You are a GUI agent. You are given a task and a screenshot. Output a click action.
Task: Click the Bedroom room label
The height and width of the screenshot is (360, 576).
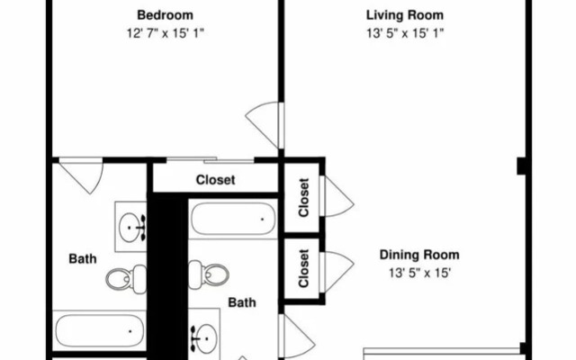(x=165, y=15)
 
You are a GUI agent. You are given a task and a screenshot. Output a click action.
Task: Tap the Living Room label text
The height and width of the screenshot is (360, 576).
(x=405, y=15)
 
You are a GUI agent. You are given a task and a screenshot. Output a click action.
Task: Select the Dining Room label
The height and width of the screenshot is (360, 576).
(x=419, y=255)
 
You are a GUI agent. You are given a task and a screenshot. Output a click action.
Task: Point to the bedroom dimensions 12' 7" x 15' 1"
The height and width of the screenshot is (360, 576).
(x=165, y=33)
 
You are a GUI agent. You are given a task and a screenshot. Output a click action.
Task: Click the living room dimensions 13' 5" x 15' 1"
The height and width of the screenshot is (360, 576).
(x=405, y=33)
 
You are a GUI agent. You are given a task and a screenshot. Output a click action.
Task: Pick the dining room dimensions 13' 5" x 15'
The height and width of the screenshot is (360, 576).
(x=419, y=273)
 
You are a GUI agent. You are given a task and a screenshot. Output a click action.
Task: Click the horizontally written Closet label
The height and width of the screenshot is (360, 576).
(x=215, y=180)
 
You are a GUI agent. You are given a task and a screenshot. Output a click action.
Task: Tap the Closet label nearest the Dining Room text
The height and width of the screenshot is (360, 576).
(x=304, y=268)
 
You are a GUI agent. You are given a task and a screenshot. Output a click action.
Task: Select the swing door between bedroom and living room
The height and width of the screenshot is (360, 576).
(x=265, y=125)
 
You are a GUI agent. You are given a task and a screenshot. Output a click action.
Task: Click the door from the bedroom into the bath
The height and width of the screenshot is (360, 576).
(x=82, y=175)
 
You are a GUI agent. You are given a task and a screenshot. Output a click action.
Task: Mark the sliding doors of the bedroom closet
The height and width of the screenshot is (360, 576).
(x=210, y=160)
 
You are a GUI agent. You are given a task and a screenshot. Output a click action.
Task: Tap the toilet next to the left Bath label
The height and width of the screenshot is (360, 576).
(x=126, y=279)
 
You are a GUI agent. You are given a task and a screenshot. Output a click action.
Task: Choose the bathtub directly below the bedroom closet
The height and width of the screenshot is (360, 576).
(x=233, y=220)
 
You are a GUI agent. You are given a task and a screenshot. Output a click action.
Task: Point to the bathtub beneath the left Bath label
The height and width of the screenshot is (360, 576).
(x=99, y=330)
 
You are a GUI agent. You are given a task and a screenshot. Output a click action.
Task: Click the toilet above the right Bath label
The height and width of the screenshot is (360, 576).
(x=209, y=274)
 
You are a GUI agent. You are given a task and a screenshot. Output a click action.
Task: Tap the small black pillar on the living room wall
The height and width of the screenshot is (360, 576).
(x=522, y=166)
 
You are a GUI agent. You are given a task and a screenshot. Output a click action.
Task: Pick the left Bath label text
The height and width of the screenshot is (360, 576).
(x=83, y=259)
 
